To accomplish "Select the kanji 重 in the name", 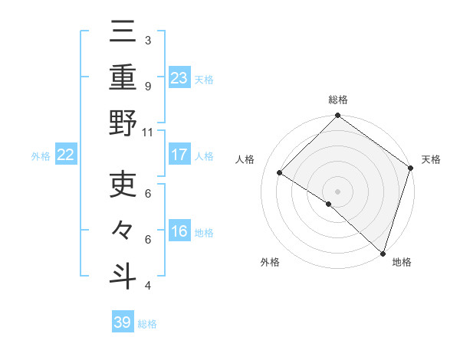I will [x=123, y=77].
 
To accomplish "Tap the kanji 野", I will [x=123, y=123].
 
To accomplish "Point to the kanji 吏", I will [x=123, y=185].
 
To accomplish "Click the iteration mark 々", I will [x=123, y=231].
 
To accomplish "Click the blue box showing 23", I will [x=179, y=77].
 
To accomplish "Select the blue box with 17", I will [x=179, y=155].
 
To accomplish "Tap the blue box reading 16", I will [x=179, y=231].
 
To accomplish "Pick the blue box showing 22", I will [x=66, y=155].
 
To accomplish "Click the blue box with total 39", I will [x=123, y=322].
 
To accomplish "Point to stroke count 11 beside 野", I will [x=149, y=133].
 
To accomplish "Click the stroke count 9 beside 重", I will [x=148, y=87].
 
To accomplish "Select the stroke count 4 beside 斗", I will [x=148, y=286].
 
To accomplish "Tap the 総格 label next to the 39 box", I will [x=148, y=324].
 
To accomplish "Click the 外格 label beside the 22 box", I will [x=41, y=156].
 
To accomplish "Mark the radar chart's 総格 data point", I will [x=337, y=117].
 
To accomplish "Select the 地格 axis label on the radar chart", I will [x=402, y=263].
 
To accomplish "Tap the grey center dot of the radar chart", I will [x=337, y=191].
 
